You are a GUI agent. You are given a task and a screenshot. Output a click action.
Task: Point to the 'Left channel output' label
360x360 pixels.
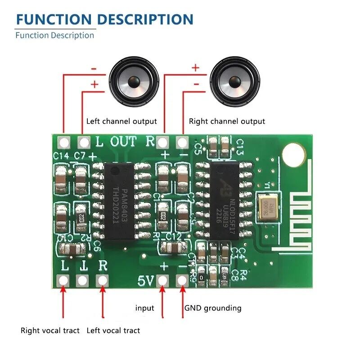coord(121,121)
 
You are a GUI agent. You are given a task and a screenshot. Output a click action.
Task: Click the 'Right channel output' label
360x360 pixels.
coord(227,121)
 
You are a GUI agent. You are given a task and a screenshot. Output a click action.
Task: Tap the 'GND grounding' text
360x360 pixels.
coord(213,308)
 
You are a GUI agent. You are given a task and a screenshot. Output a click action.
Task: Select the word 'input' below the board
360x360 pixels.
coord(145,308)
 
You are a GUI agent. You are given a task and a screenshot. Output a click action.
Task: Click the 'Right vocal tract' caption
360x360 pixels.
coord(50,331)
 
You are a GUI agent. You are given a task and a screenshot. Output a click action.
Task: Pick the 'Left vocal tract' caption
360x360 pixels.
coord(113,331)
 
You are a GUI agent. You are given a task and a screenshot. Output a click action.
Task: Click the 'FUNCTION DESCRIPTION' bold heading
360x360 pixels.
coord(104,19)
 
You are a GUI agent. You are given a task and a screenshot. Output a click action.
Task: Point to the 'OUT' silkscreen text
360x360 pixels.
coord(123,142)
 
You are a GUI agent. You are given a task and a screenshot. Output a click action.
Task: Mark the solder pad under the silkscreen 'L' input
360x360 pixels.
coord(63,280)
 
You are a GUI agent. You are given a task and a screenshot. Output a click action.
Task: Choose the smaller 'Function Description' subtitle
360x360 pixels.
coord(54,35)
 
